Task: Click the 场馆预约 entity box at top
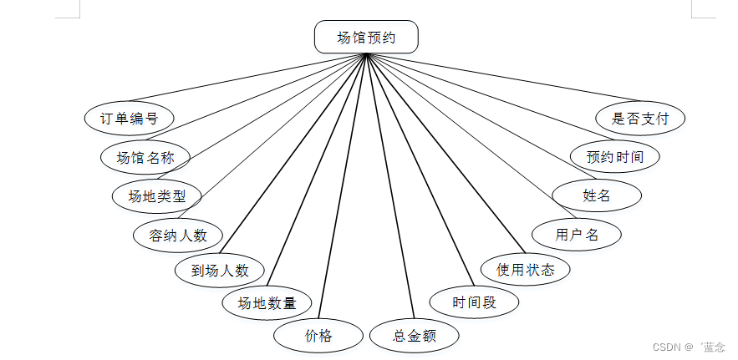click(x=366, y=38)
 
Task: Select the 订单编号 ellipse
click(x=130, y=118)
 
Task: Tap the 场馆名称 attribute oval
click(x=145, y=157)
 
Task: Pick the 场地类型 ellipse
click(x=157, y=196)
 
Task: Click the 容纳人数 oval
click(x=178, y=235)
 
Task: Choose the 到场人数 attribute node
click(x=220, y=270)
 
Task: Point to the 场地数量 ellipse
click(x=267, y=302)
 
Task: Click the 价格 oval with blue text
click(x=318, y=336)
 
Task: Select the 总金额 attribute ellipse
click(x=415, y=336)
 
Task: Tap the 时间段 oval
click(x=474, y=302)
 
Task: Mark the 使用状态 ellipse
click(x=526, y=269)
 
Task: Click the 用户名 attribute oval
click(x=577, y=234)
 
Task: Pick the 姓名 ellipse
click(x=597, y=195)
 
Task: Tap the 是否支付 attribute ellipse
click(x=640, y=118)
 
